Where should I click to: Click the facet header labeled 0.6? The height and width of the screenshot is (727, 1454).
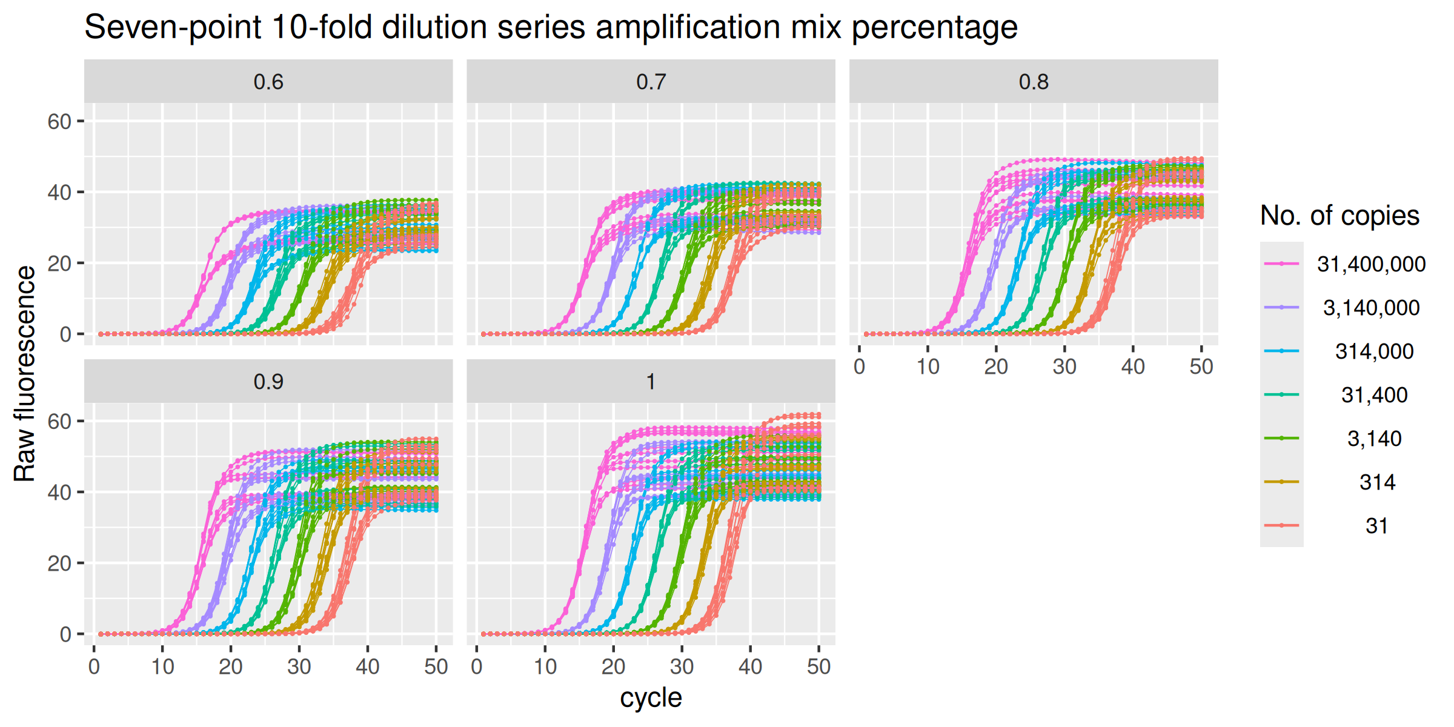pyautogui.click(x=268, y=82)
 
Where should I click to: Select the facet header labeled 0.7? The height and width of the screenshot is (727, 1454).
pyautogui.click(x=651, y=82)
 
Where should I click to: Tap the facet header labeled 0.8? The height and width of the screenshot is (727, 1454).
pyautogui.click(x=1034, y=82)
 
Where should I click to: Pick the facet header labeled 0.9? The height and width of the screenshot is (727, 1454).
pyautogui.click(x=268, y=382)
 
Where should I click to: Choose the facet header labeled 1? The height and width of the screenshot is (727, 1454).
pyautogui.click(x=651, y=382)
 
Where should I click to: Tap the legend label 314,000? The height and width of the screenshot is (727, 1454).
pyautogui.click(x=1374, y=351)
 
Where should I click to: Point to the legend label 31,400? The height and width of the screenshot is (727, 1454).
pyautogui.click(x=1374, y=395)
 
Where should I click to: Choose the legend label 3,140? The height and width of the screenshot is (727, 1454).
pyautogui.click(x=1374, y=439)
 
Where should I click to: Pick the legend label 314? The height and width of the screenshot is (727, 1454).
pyautogui.click(x=1377, y=482)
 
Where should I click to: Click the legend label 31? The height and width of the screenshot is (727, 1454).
pyautogui.click(x=1377, y=526)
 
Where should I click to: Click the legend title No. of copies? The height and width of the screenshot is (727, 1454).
pyautogui.click(x=1339, y=216)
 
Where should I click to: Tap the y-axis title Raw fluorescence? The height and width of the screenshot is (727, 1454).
pyautogui.click(x=25, y=374)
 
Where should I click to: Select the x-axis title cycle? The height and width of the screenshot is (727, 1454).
pyautogui.click(x=651, y=697)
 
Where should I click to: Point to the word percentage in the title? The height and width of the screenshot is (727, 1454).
pyautogui.click(x=934, y=27)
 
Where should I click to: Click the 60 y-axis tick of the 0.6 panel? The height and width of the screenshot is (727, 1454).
pyautogui.click(x=59, y=122)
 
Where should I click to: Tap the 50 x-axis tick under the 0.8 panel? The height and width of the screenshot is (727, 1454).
pyautogui.click(x=1201, y=367)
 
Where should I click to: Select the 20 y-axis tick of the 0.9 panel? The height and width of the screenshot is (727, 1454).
pyautogui.click(x=59, y=563)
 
